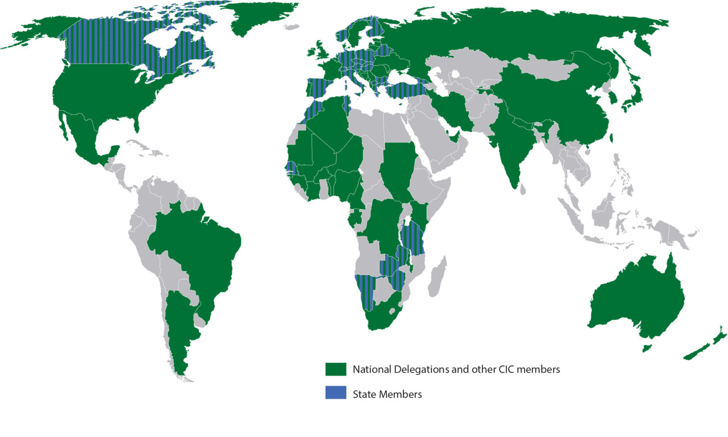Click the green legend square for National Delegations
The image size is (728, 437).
[336, 369]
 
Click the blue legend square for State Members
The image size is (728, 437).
[336, 393]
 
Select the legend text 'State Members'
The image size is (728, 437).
[387, 394]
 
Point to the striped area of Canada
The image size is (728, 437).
[118, 43]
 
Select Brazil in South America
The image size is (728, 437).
[199, 251]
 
